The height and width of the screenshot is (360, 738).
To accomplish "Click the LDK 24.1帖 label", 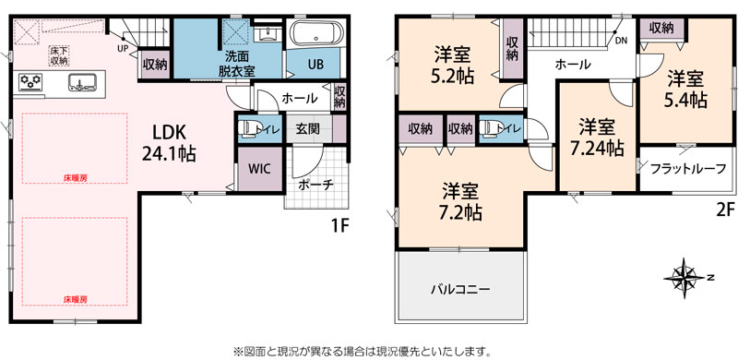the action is [169, 142].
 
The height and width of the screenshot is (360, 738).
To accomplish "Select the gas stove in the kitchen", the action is [30, 82].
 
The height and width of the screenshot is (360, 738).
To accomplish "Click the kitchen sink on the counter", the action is [83, 82].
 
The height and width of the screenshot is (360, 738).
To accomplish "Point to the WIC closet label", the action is [259, 169].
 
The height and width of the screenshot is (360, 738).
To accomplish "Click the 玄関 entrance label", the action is [308, 128].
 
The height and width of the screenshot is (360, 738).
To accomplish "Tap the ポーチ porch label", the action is [316, 186].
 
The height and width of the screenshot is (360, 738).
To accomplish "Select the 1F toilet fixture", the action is [247, 128].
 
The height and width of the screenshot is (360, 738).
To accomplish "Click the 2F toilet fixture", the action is [489, 128].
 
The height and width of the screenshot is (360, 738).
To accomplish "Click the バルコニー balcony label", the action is [460, 289].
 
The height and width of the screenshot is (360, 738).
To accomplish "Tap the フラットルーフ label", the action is [687, 168].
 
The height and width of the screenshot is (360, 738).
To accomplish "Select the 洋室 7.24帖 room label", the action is [597, 138].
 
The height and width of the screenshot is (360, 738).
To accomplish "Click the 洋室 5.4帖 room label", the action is [687, 89].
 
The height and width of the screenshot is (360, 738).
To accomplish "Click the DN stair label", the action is [621, 41].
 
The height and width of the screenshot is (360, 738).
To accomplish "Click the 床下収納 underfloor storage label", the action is [59, 54].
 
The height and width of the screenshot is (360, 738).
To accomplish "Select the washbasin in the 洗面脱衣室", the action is [268, 33].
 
